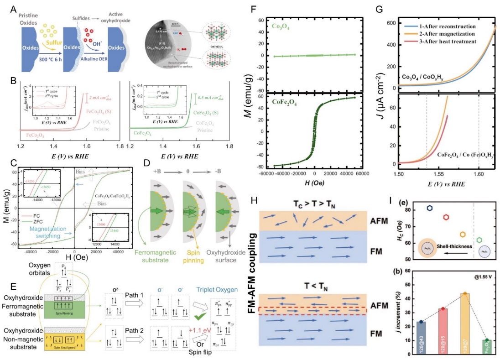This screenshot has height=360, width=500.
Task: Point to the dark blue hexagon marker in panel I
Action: click(430, 208)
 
